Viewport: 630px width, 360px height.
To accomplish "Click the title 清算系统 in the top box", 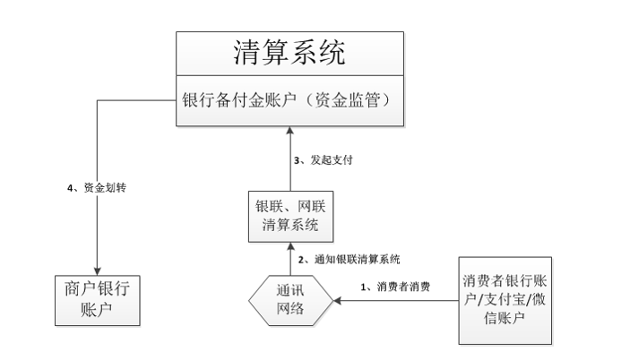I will point(288,53).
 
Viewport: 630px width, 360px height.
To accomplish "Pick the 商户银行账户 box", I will point(97,301).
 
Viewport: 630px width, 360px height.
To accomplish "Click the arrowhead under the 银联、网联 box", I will point(289,246).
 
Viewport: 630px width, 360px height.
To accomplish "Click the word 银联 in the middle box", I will point(269,206).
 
